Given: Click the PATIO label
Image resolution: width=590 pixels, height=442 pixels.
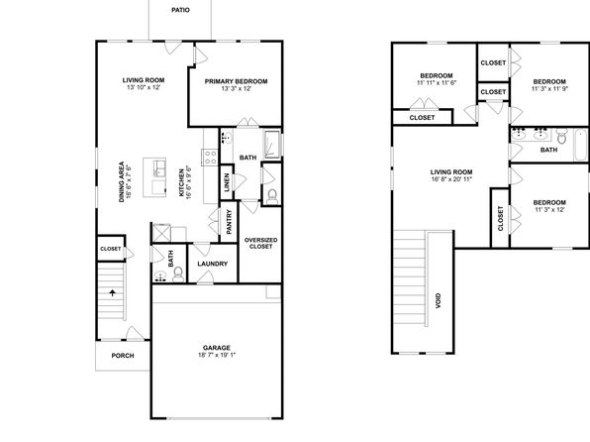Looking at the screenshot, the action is pyautogui.click(x=180, y=10).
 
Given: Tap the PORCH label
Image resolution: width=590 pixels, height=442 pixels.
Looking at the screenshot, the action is pyautogui.click(x=123, y=356).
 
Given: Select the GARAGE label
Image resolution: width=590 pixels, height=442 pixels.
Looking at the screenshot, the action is pyautogui.click(x=217, y=348).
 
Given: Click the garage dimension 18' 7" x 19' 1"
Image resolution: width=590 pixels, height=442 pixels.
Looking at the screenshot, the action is pyautogui.click(x=217, y=355).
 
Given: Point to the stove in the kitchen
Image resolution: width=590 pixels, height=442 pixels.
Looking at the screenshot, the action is pyautogui.click(x=210, y=158).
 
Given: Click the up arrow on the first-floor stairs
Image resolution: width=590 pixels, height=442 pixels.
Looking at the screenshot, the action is pyautogui.click(x=112, y=292).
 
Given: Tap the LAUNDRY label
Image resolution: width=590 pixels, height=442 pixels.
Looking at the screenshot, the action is pyautogui.click(x=213, y=264).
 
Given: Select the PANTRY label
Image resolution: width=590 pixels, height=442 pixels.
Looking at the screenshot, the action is pyautogui.click(x=230, y=222).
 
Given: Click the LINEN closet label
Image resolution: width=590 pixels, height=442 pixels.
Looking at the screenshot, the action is pyautogui.click(x=227, y=182).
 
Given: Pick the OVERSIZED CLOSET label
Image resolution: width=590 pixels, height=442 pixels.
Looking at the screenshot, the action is pyautogui.click(x=260, y=244).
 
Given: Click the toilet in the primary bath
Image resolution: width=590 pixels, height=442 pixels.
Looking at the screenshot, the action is pyautogui.click(x=271, y=197).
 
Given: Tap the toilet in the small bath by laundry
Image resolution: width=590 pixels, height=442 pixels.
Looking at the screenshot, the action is pyautogui.click(x=178, y=275).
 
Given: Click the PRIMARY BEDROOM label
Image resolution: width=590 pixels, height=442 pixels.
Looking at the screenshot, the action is pyautogui.click(x=236, y=81).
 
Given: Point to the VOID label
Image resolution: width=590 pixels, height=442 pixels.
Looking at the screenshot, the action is pyautogui.click(x=438, y=301).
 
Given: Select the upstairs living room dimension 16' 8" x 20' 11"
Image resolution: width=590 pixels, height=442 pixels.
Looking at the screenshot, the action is pyautogui.click(x=451, y=179).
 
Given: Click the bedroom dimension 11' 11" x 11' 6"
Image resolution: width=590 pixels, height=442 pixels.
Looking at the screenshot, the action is pyautogui.click(x=437, y=83).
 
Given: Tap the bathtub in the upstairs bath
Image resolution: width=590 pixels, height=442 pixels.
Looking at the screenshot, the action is pyautogui.click(x=580, y=145).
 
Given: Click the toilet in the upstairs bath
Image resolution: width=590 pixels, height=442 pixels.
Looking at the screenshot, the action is pyautogui.click(x=561, y=136).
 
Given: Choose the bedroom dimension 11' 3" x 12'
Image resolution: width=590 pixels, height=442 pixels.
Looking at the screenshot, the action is pyautogui.click(x=549, y=209).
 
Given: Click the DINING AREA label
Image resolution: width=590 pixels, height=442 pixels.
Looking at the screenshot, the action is pyautogui.click(x=125, y=182).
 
